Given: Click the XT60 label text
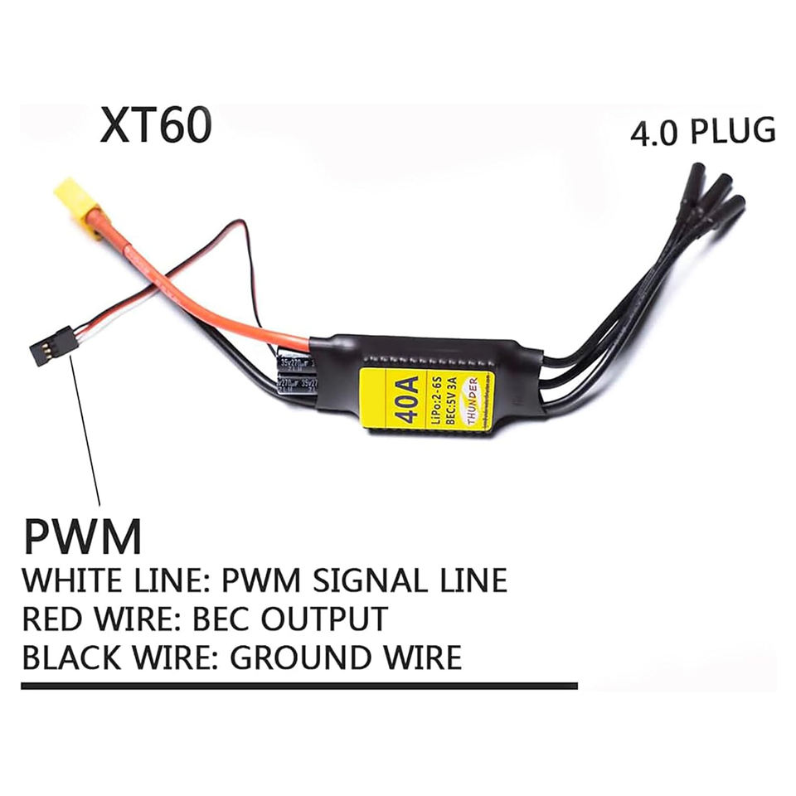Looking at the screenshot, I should click(x=156, y=125).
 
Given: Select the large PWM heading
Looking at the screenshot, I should click(x=82, y=536).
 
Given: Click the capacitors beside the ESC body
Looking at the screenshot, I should click(x=294, y=374).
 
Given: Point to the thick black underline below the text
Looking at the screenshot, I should click(x=298, y=686).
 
